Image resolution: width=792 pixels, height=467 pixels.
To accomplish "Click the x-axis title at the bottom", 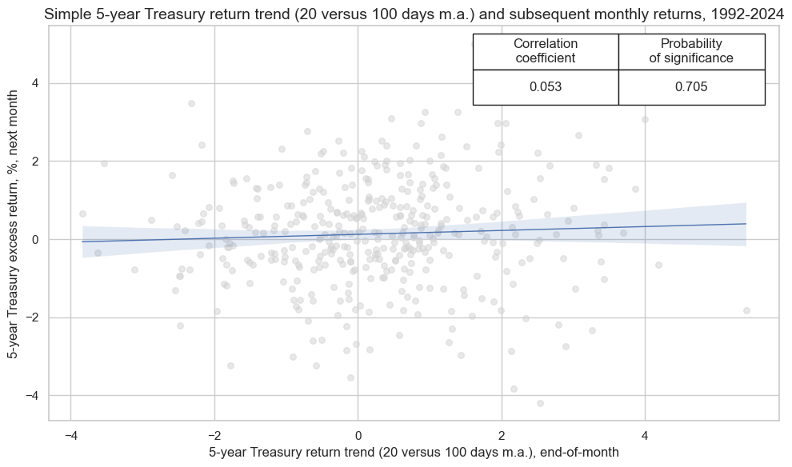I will [x=414, y=453].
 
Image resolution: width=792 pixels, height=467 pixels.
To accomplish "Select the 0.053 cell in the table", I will [x=546, y=87].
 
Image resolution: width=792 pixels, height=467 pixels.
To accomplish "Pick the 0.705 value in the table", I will [x=691, y=87].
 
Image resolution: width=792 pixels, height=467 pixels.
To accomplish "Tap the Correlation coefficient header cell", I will [x=546, y=51].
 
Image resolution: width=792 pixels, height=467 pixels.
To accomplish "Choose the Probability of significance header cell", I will [x=691, y=51].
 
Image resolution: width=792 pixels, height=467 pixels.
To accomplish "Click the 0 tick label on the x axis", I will [x=358, y=434].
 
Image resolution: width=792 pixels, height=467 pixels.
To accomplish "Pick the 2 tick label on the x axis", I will [x=502, y=434].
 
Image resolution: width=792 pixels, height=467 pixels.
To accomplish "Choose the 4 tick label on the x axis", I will [x=645, y=434].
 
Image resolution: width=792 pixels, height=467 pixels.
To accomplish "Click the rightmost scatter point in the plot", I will [x=746, y=310].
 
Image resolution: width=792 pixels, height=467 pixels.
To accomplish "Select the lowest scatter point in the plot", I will [x=540, y=403].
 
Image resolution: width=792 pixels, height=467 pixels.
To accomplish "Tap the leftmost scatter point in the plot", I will [x=82, y=214].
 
